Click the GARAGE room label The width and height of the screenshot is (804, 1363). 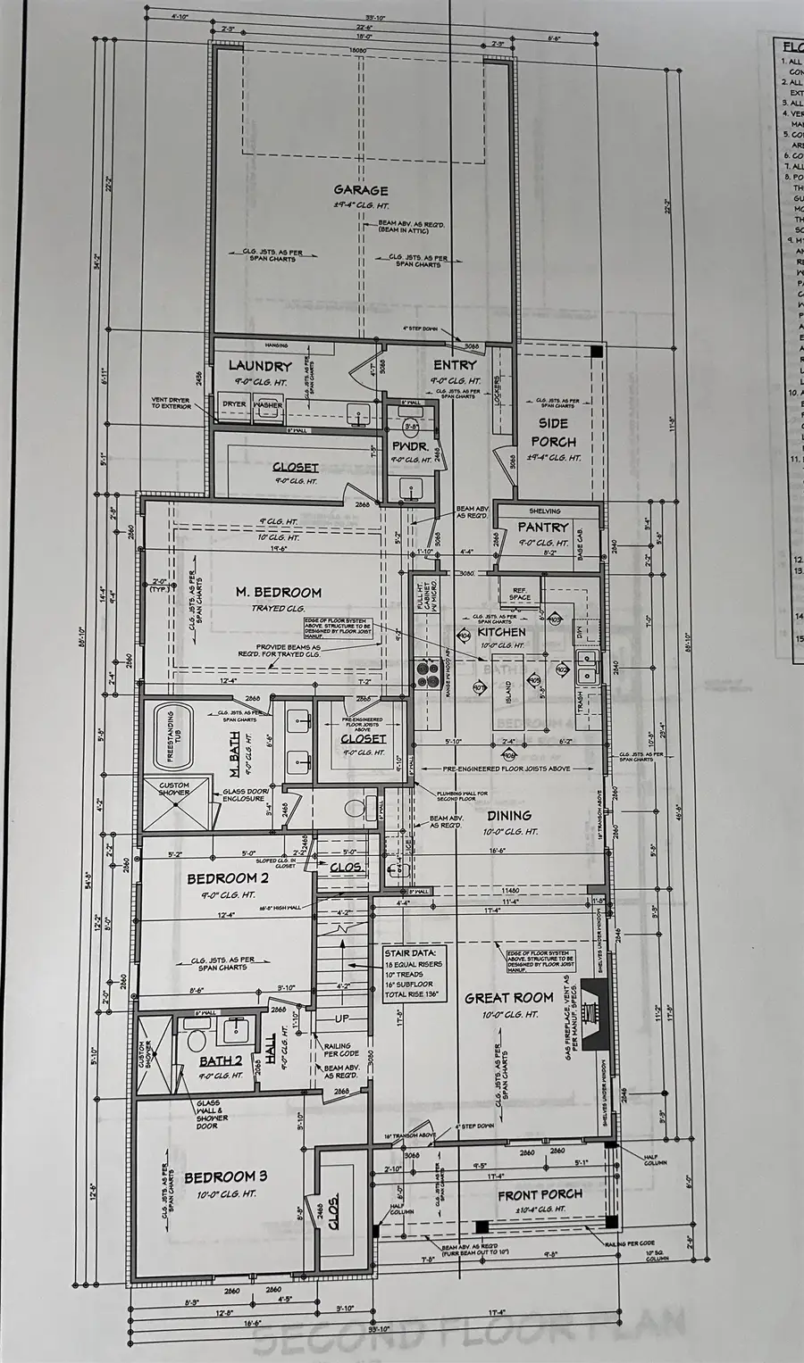[x=361, y=190]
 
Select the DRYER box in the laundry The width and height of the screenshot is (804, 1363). [x=234, y=405]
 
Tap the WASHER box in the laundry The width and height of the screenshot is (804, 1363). [x=267, y=405]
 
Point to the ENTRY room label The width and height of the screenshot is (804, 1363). [x=455, y=365]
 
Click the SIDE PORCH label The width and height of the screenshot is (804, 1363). [x=553, y=432]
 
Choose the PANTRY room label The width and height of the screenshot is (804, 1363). [x=542, y=528]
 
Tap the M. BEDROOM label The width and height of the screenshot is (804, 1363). [x=278, y=592]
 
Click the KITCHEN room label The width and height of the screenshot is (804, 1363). [x=500, y=631]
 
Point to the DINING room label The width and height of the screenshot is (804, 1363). [x=509, y=815]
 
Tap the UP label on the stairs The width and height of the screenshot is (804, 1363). [x=342, y=1017]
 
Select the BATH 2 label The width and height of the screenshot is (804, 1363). [x=220, y=1061]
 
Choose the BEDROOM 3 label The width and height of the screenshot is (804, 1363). [x=225, y=1176]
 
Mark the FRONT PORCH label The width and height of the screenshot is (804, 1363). [x=540, y=1194]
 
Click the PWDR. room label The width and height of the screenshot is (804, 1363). [x=411, y=445]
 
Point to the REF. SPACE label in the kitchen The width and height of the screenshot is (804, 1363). [x=520, y=594]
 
